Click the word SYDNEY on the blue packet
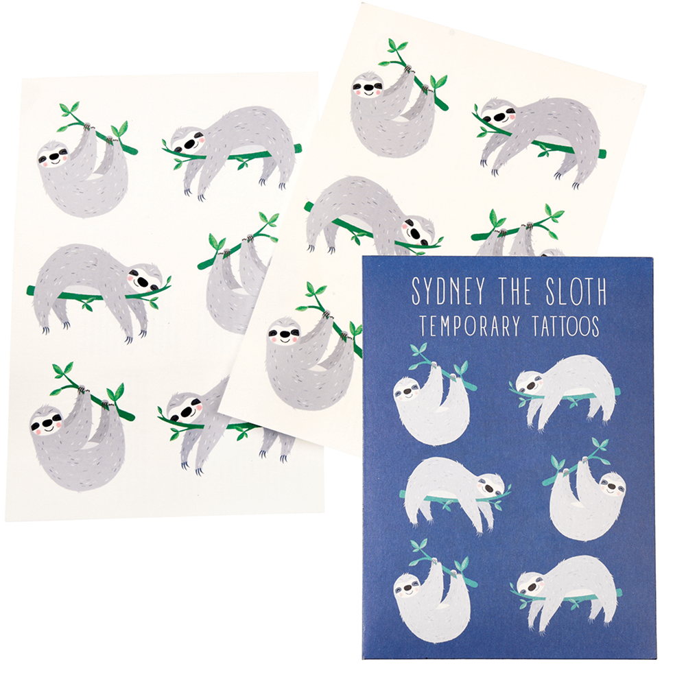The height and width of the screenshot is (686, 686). (x=449, y=291)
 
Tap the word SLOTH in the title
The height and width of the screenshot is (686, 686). (x=576, y=291)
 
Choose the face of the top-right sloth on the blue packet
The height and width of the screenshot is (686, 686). (x=531, y=383)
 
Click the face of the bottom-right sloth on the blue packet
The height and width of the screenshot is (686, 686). (x=532, y=582)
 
